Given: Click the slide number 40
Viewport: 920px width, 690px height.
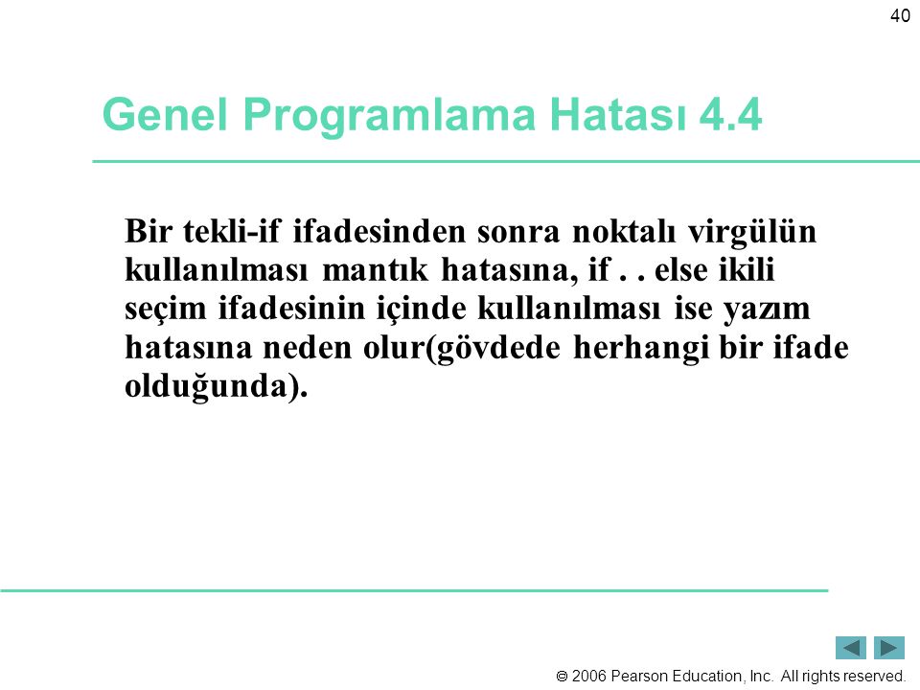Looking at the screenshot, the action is point(900,16).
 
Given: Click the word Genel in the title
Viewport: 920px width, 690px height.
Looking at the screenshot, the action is point(164,114).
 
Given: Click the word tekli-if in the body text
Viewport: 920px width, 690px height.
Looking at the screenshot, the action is point(232,231).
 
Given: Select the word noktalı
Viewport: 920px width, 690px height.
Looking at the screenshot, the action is point(624,231).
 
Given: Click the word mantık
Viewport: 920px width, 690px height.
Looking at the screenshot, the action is point(375,270).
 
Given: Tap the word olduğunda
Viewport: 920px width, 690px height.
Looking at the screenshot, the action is point(206,387).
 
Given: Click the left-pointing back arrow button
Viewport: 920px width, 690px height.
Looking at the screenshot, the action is point(851,648).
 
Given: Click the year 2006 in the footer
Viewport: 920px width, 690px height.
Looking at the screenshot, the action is point(589,676).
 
